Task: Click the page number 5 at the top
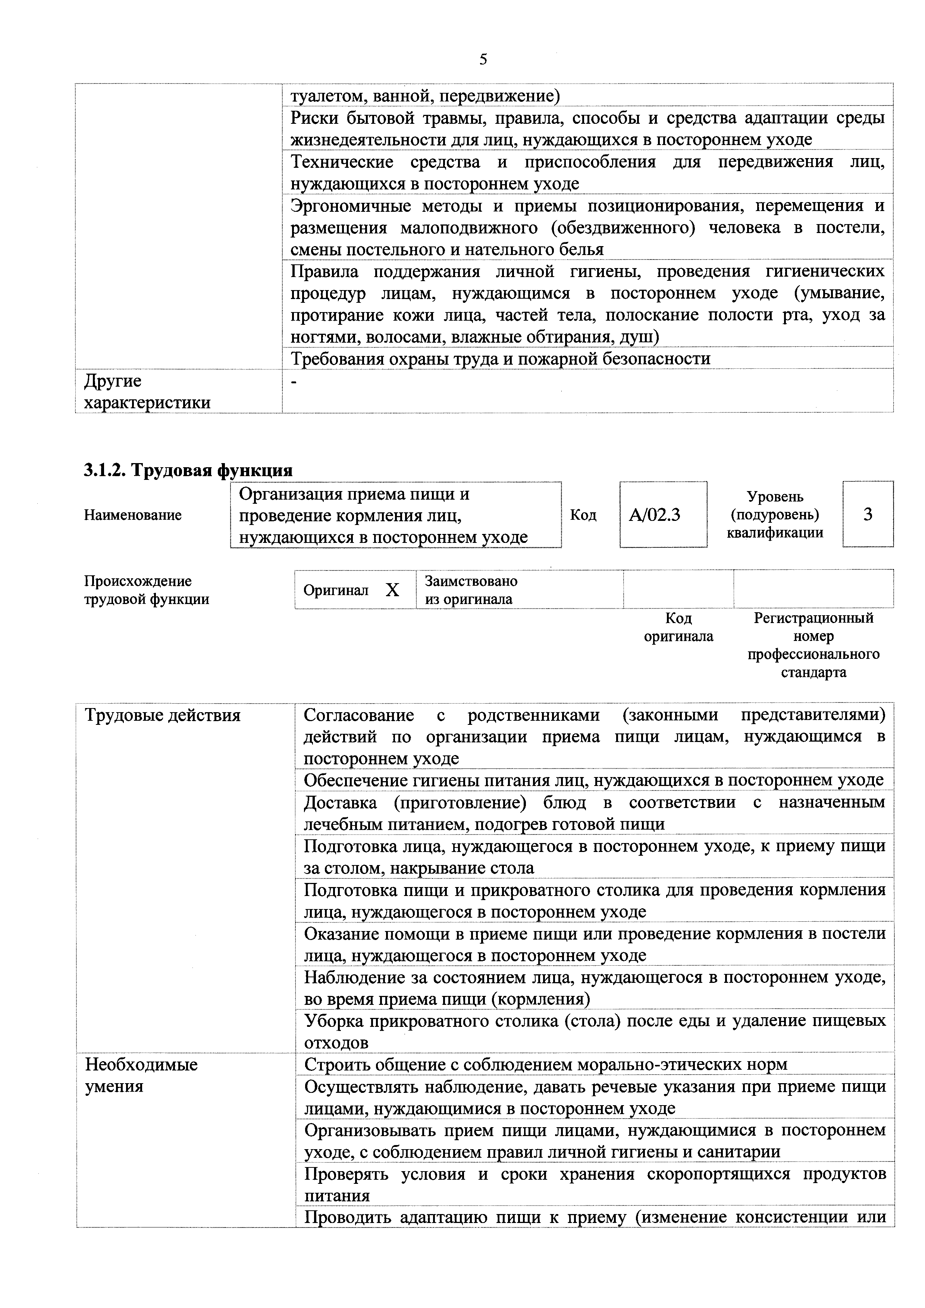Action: tap(483, 59)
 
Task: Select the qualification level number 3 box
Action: tap(868, 515)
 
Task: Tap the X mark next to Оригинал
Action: tap(392, 590)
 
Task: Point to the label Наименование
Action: tap(133, 515)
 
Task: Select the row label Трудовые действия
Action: tap(162, 716)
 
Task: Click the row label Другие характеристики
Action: tap(147, 392)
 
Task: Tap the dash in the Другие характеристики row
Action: tap(294, 381)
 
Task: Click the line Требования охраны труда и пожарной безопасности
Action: tap(501, 359)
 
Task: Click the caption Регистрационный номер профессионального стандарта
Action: tap(813, 645)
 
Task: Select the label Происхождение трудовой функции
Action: tap(147, 590)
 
